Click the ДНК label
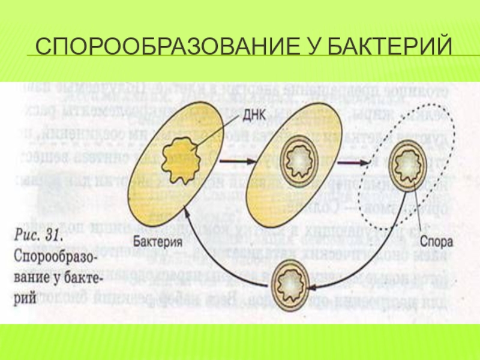242,112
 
